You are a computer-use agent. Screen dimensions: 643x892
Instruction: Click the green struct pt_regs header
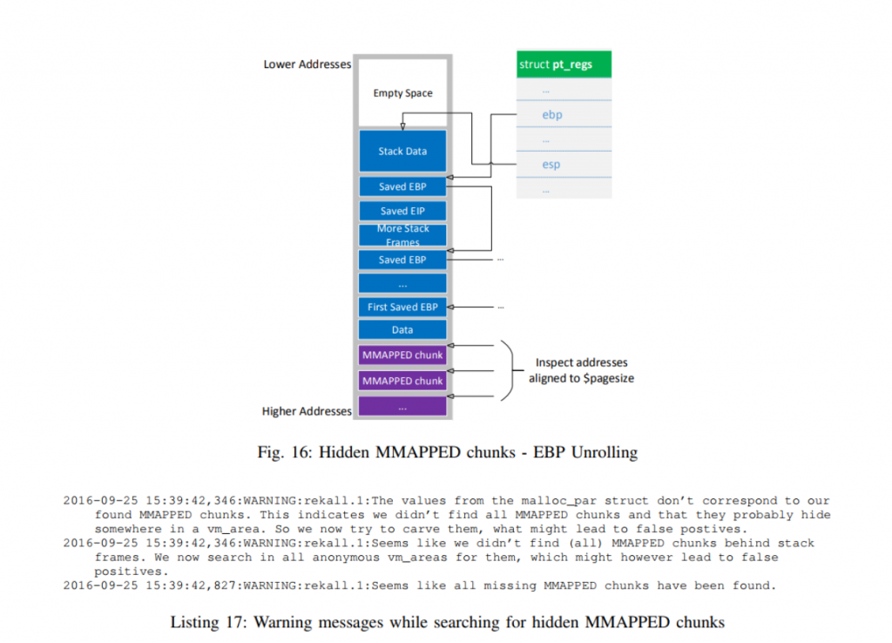pos(564,64)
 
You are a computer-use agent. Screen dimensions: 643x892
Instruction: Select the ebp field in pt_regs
pos(551,113)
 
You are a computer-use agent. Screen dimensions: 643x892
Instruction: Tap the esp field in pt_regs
pos(551,164)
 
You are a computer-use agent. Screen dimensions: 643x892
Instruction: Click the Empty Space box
pos(402,93)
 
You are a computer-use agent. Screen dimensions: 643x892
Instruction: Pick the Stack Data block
pos(402,152)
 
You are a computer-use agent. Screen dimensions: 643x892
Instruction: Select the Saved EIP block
pos(402,211)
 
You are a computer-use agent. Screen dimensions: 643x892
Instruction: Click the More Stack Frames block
pos(402,235)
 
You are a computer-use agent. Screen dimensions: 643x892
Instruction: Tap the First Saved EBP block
pos(402,307)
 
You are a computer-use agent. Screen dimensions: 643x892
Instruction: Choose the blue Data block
pos(402,330)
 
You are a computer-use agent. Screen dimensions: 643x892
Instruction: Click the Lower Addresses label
pos(307,64)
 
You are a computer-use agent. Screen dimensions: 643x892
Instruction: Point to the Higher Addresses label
pos(307,410)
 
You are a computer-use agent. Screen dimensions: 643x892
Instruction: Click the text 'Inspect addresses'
pos(581,362)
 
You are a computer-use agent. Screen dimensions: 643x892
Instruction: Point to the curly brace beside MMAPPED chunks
pos(504,369)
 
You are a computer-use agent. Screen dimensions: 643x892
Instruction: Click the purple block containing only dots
pos(402,406)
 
